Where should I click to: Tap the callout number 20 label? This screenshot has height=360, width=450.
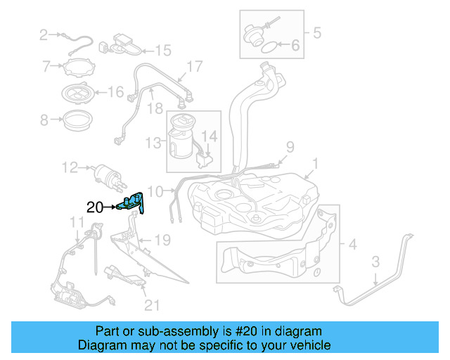(x=94, y=207)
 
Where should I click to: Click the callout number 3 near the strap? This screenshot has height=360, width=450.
(x=376, y=262)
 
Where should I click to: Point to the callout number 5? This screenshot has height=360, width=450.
(x=316, y=32)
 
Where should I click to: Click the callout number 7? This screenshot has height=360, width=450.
(x=46, y=67)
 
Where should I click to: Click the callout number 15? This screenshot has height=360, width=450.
(x=163, y=50)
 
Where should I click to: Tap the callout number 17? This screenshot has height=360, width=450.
(x=194, y=67)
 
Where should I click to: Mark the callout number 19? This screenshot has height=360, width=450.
(x=162, y=240)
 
